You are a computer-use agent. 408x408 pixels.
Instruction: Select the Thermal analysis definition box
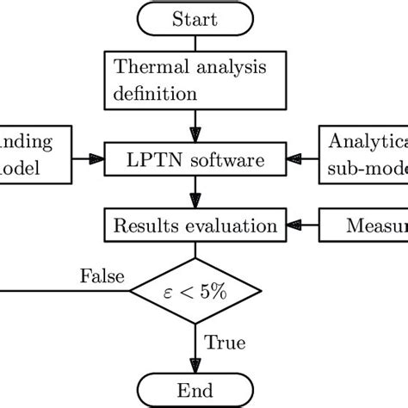[195, 80]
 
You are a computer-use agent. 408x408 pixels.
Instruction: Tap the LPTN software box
[195, 158]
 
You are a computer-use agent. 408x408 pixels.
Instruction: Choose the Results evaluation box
[195, 227]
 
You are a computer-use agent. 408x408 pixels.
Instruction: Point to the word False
[102, 276]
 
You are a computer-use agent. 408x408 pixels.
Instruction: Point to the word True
[225, 343]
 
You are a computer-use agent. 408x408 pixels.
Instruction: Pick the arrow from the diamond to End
[195, 349]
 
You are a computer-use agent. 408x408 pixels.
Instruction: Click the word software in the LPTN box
[222, 159]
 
